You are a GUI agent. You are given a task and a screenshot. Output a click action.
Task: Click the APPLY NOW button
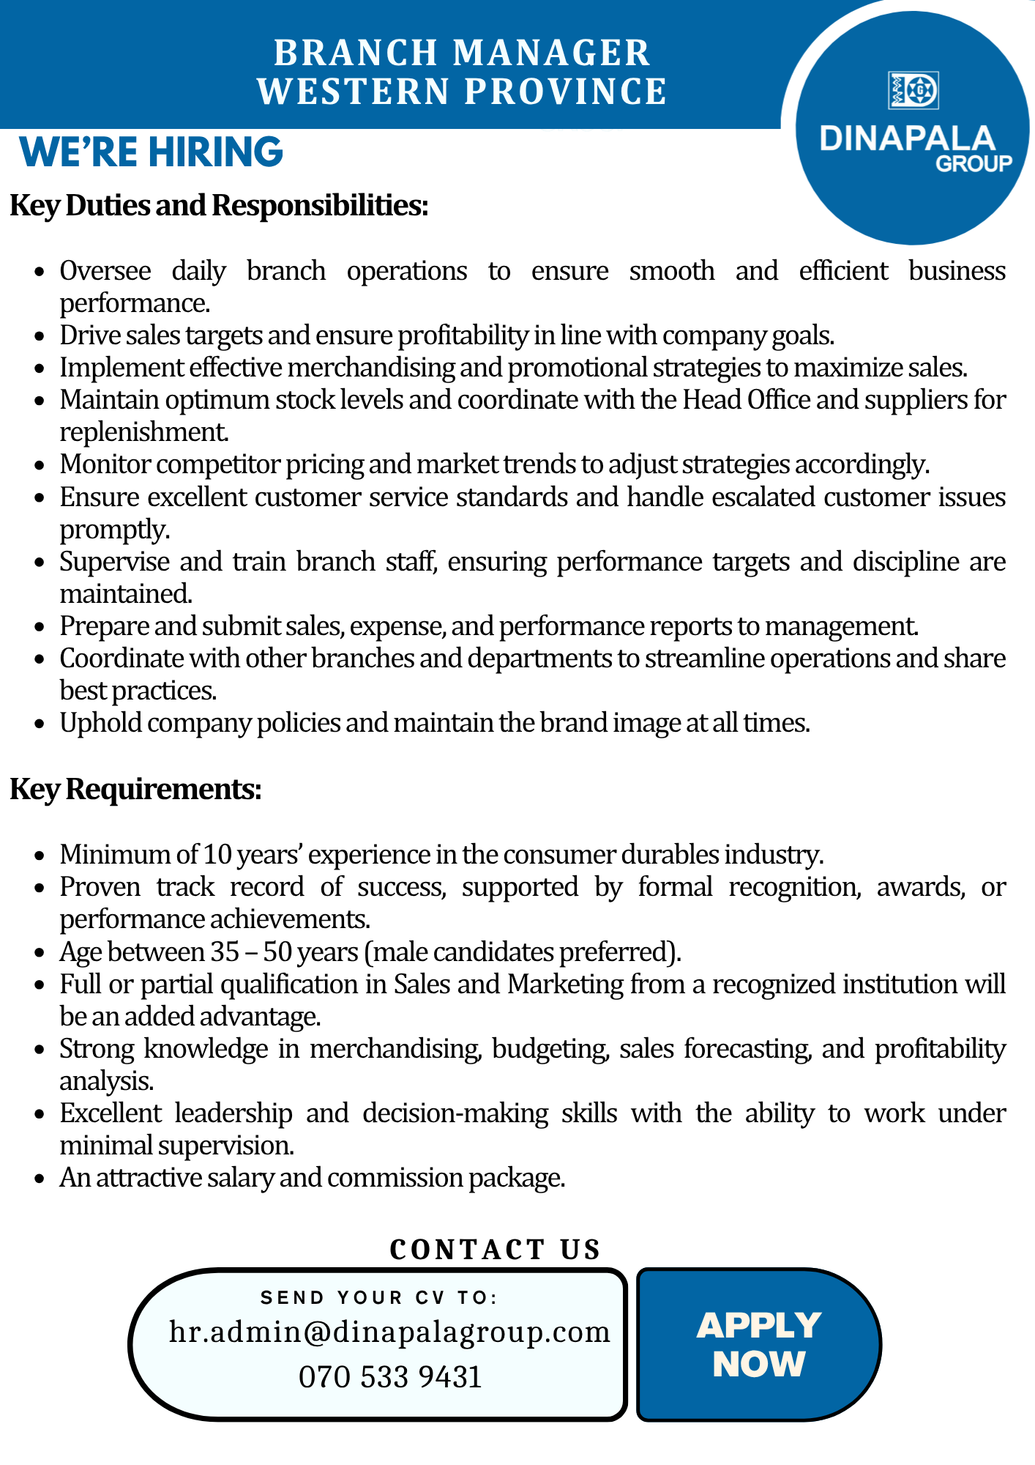pyautogui.click(x=759, y=1345)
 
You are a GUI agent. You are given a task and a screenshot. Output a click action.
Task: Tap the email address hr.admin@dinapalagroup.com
pyautogui.click(x=389, y=1332)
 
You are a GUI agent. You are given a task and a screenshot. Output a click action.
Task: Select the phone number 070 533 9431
pyautogui.click(x=390, y=1377)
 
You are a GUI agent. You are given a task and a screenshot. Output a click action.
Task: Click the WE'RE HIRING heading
pyautogui.click(x=151, y=152)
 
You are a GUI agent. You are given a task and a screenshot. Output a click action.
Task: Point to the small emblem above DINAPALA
pyautogui.click(x=913, y=91)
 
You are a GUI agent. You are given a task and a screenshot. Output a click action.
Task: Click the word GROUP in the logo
pyautogui.click(x=974, y=164)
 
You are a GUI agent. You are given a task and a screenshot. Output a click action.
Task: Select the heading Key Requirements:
pyautogui.click(x=135, y=790)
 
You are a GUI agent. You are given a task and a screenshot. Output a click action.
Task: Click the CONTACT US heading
pyautogui.click(x=495, y=1250)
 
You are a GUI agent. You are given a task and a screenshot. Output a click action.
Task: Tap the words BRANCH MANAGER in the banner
pyautogui.click(x=462, y=53)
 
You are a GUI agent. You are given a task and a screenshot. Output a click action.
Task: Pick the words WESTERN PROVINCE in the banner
pyautogui.click(x=462, y=92)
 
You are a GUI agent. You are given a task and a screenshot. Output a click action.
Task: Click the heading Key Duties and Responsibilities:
pyautogui.click(x=218, y=206)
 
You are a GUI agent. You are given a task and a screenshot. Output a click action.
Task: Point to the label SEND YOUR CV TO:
pyautogui.click(x=379, y=1298)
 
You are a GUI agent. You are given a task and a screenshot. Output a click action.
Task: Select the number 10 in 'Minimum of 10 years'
pyautogui.click(x=217, y=855)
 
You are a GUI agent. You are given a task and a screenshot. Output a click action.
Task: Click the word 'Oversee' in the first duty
pyautogui.click(x=105, y=271)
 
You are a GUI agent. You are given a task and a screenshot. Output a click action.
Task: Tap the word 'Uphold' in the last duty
pyautogui.click(x=103, y=724)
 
